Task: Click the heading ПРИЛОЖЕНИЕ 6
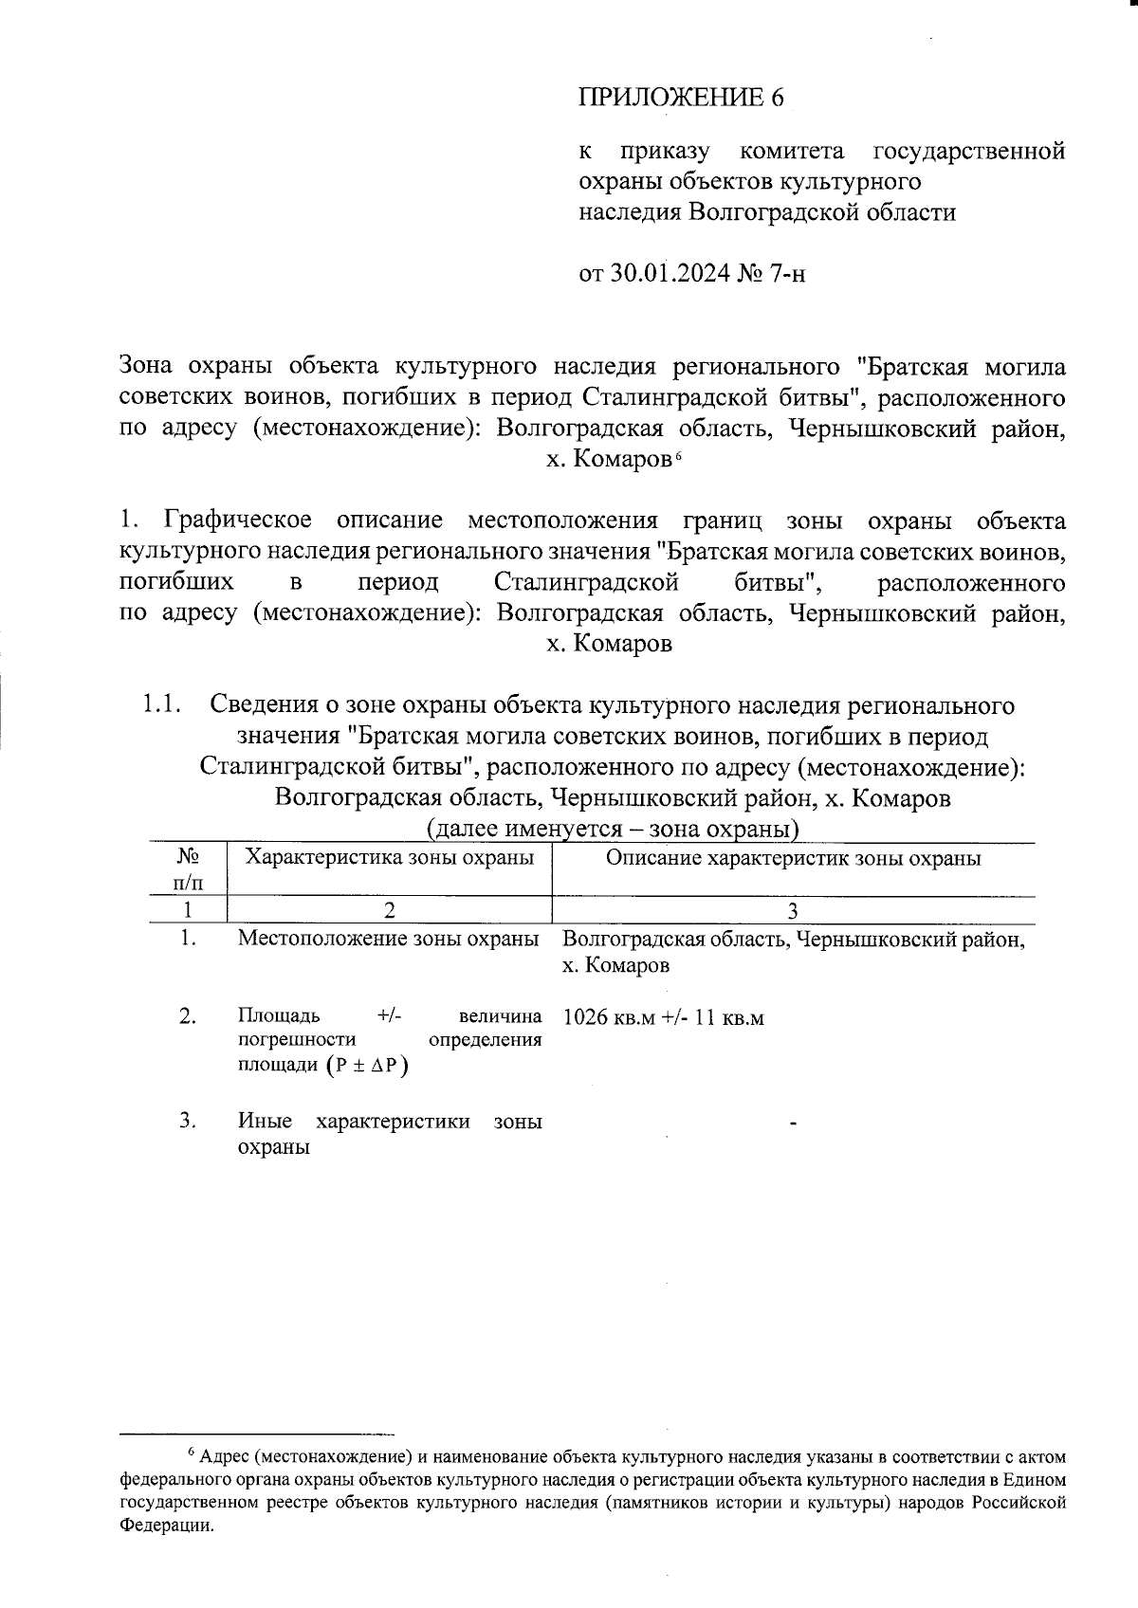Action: (682, 98)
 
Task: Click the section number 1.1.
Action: (160, 705)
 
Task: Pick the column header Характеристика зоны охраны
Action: (390, 858)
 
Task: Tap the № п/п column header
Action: (187, 868)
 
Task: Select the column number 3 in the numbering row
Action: (793, 910)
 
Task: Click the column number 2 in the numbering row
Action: (389, 910)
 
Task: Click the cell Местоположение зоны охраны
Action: (389, 939)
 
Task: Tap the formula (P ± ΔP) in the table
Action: (365, 1065)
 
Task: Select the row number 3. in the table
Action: (187, 1121)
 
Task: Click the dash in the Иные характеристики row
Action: (793, 1124)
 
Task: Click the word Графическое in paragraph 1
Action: (238, 521)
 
